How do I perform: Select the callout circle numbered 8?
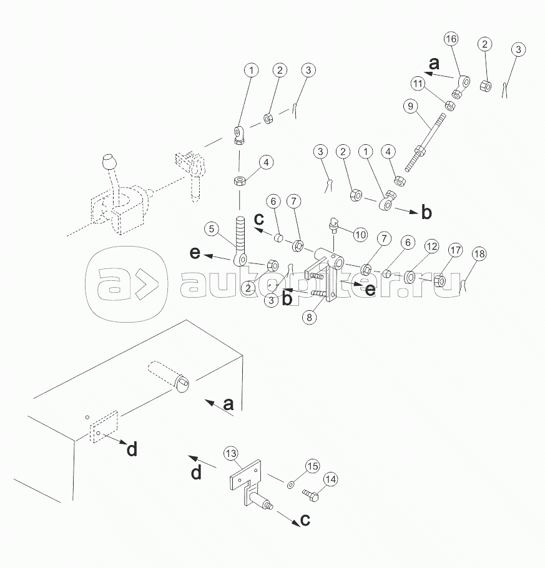(x=309, y=316)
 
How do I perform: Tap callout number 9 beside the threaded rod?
(x=410, y=106)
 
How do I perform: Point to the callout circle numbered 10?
(x=360, y=235)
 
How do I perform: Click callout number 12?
(x=431, y=247)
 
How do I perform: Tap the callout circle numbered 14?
(x=330, y=479)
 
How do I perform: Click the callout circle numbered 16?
(x=451, y=39)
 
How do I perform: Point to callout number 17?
(x=455, y=251)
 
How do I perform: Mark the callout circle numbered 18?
(x=479, y=254)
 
